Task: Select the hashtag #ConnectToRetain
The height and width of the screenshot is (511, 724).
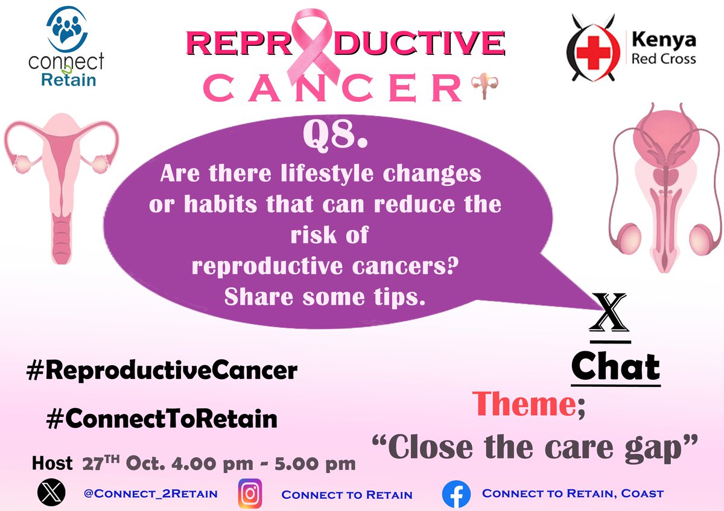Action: [161, 418]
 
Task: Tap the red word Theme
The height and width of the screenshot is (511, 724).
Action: [522, 404]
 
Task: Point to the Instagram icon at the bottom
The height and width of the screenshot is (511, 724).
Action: [249, 494]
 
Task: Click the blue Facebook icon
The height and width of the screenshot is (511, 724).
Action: [456, 494]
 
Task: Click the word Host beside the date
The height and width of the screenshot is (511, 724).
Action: [52, 465]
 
